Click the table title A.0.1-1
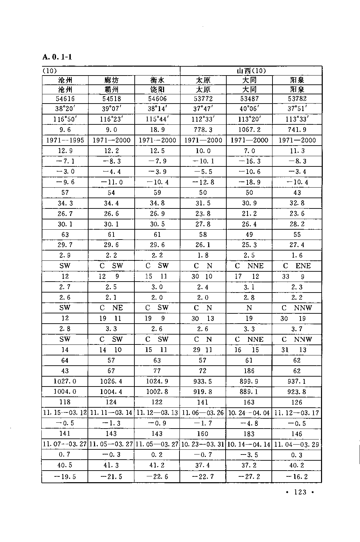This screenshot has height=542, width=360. coord(57,56)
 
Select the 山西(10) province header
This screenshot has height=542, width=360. coord(251,71)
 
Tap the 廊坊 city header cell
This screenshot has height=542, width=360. coord(111,80)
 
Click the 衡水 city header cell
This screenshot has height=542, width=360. coord(157,80)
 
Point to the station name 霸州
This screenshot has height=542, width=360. coord(111,90)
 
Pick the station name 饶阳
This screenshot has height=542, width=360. coord(157,90)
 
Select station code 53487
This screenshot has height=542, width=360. coord(249,99)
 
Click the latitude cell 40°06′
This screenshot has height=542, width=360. coord(249,109)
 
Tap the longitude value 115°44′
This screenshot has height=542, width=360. coord(157,119)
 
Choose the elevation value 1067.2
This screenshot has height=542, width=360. coord(249,130)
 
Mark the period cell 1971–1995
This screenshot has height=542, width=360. coord(65,140)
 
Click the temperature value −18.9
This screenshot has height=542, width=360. coord(249,182)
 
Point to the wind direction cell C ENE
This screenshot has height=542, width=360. coord(297,266)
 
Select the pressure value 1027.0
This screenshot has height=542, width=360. coord(65,381)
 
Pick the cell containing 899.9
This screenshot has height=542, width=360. coord(249,381)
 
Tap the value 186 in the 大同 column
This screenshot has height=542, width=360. coord(249,371)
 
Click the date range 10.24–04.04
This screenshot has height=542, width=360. coord(249,413)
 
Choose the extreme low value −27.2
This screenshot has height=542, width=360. coord(249,476)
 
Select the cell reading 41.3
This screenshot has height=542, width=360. coord(111,465)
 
